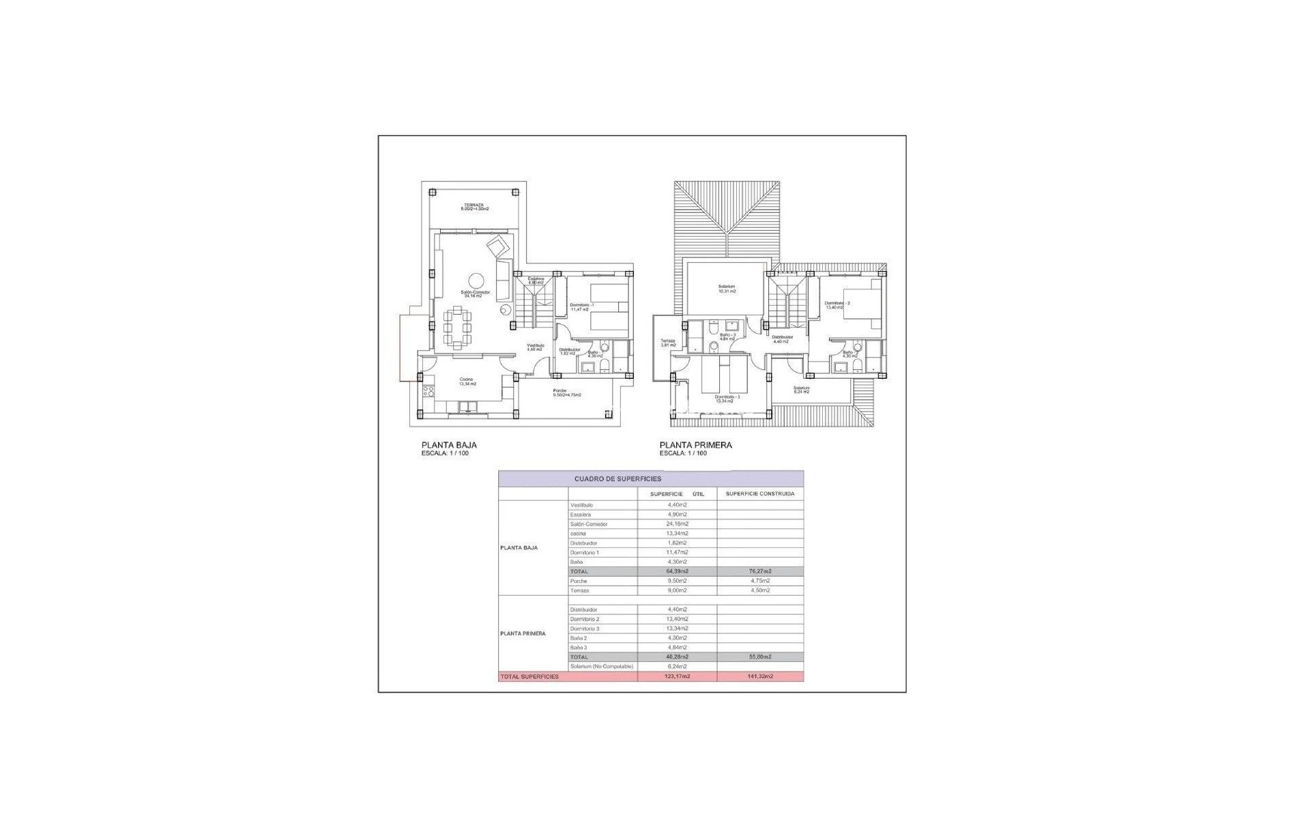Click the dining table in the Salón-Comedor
pyautogui.click(x=457, y=328)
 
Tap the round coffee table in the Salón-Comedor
pyautogui.click(x=476, y=281)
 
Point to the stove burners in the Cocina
pyautogui.click(x=428, y=391)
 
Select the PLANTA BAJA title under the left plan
pyautogui.click(x=449, y=445)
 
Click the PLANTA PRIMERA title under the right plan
pyautogui.click(x=695, y=445)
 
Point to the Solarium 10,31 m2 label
pyautogui.click(x=726, y=289)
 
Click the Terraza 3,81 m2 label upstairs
pyautogui.click(x=667, y=343)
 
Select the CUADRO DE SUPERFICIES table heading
pyautogui.click(x=617, y=479)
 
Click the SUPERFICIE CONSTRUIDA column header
pyautogui.click(x=759, y=493)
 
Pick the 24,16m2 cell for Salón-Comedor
pyautogui.click(x=677, y=524)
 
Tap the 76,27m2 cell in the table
pyautogui.click(x=759, y=571)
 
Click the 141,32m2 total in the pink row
pyautogui.click(x=759, y=676)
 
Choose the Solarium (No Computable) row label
pyautogui.click(x=601, y=666)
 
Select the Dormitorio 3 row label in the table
pyautogui.click(x=585, y=629)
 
